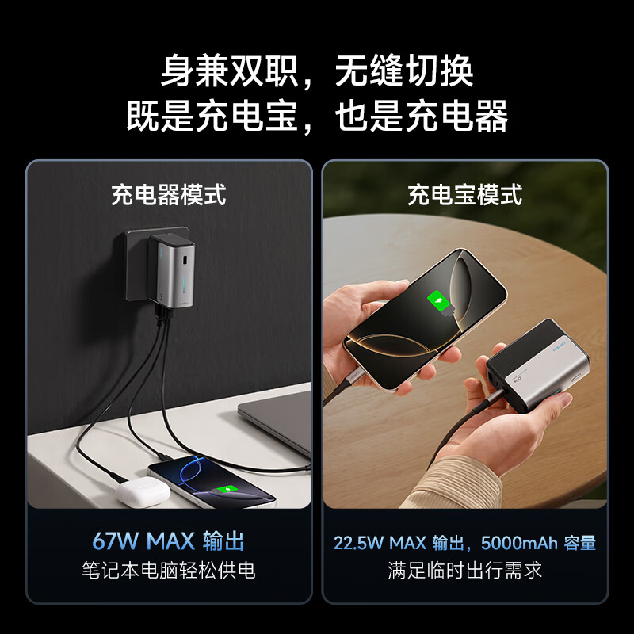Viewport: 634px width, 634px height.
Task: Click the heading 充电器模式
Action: pos(168,195)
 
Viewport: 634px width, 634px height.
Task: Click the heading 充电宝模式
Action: pos(465,195)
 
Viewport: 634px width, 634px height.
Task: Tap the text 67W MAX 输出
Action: pos(168,541)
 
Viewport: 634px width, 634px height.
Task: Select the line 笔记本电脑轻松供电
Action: pos(168,570)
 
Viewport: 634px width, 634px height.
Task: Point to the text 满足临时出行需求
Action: pos(465,570)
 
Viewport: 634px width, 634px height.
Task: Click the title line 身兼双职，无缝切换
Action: pos(317,71)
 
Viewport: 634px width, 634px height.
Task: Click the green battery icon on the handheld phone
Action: pos(437,301)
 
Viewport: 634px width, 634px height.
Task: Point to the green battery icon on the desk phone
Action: pos(228,491)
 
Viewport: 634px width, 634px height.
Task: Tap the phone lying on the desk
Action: pos(210,481)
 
